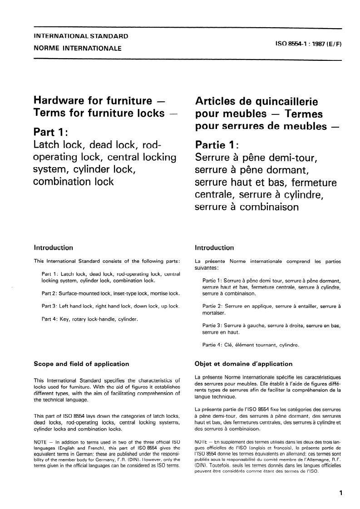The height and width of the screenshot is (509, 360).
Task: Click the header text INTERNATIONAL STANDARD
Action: tap(81, 36)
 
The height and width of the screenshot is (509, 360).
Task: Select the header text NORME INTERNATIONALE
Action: tap(78, 48)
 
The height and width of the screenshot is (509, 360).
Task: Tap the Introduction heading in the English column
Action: tap(54, 248)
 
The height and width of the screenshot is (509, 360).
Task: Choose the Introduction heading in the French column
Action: tap(214, 248)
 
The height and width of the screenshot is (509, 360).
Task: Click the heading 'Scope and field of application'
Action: tap(82, 364)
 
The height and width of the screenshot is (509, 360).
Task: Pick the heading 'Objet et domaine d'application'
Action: tap(243, 364)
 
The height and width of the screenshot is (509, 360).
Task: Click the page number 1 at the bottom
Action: tap(340, 493)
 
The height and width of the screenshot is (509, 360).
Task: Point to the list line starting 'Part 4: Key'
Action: tap(89, 319)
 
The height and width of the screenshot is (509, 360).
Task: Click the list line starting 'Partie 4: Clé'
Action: tap(251, 345)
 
